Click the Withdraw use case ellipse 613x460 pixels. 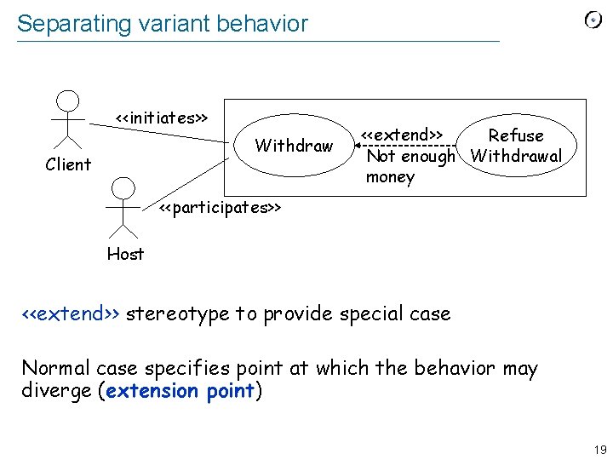pyautogui.click(x=294, y=146)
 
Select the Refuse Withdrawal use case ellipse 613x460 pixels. pyautogui.click(x=516, y=146)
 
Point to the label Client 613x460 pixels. pyautogui.click(x=68, y=164)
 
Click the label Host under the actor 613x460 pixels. pyautogui.click(x=125, y=253)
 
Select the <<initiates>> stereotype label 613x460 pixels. pyautogui.click(x=162, y=118)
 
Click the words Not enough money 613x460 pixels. pyautogui.click(x=410, y=166)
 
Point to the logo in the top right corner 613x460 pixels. pyautogui.click(x=593, y=20)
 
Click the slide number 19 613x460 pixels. pyautogui.click(x=599, y=449)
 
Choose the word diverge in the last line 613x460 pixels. pyautogui.click(x=56, y=391)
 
